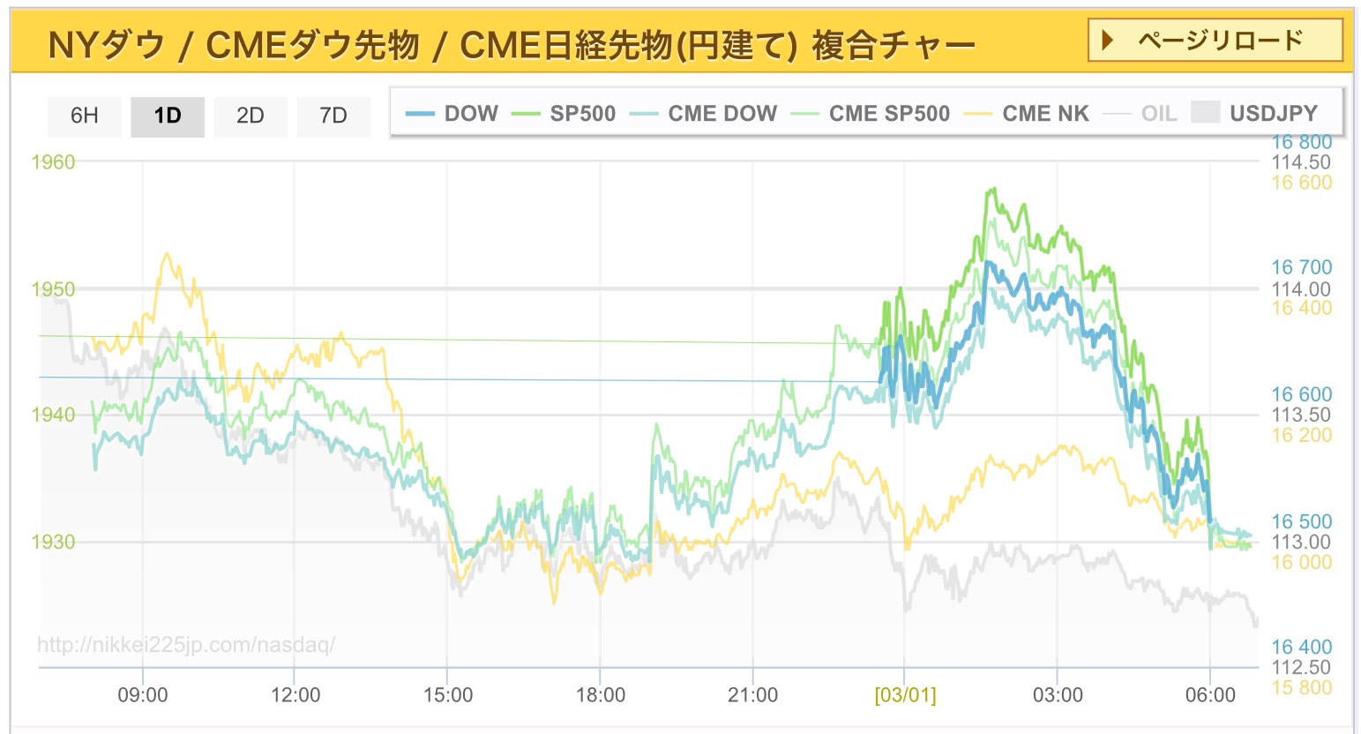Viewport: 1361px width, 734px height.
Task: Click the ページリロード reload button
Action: pos(1215,41)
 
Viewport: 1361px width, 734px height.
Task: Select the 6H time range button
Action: pos(84,116)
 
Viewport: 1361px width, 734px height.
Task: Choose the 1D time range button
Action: pos(167,116)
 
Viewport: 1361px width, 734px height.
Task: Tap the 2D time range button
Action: pos(250,116)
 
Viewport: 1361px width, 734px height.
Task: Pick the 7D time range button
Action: pos(333,116)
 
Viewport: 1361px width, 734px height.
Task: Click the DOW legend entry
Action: pos(452,113)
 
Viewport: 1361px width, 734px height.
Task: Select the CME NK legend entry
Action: pos(1028,113)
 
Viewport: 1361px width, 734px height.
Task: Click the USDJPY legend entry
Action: pos(1255,113)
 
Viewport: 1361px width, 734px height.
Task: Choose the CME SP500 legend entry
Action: pos(871,113)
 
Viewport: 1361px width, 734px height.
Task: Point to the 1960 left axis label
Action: pos(54,161)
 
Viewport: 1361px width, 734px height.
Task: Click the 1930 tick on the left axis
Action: pos(54,542)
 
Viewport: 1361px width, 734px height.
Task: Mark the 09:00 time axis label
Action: pos(143,695)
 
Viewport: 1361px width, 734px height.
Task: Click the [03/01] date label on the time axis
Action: pos(905,695)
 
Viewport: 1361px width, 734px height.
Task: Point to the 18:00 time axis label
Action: pos(601,695)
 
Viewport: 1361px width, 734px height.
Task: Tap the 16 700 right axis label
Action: pos(1301,267)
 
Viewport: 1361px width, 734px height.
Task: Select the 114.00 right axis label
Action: pos(1301,288)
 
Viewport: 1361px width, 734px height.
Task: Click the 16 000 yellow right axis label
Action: pos(1301,563)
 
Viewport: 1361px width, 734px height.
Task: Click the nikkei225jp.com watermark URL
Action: pos(186,645)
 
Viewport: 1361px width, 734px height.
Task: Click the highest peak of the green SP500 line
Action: pos(994,189)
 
